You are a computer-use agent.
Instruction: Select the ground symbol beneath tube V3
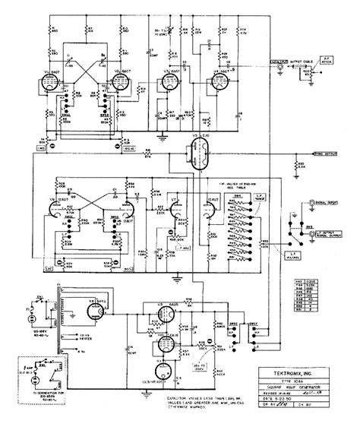(x=162, y=138)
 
